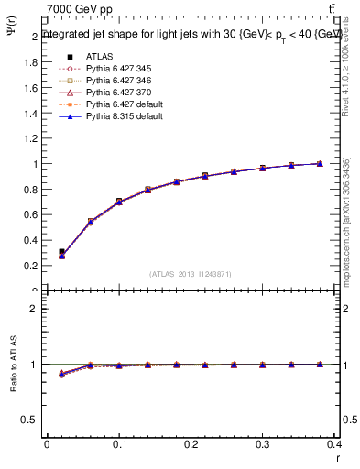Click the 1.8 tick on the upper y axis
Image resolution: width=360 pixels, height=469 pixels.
tap(32, 62)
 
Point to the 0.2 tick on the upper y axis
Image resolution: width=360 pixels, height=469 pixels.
tap(32, 266)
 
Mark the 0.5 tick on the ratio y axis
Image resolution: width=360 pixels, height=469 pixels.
tap(32, 420)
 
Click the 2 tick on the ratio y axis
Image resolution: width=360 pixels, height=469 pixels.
tap(35, 309)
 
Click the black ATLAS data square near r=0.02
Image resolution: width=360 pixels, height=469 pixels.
tap(61, 251)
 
